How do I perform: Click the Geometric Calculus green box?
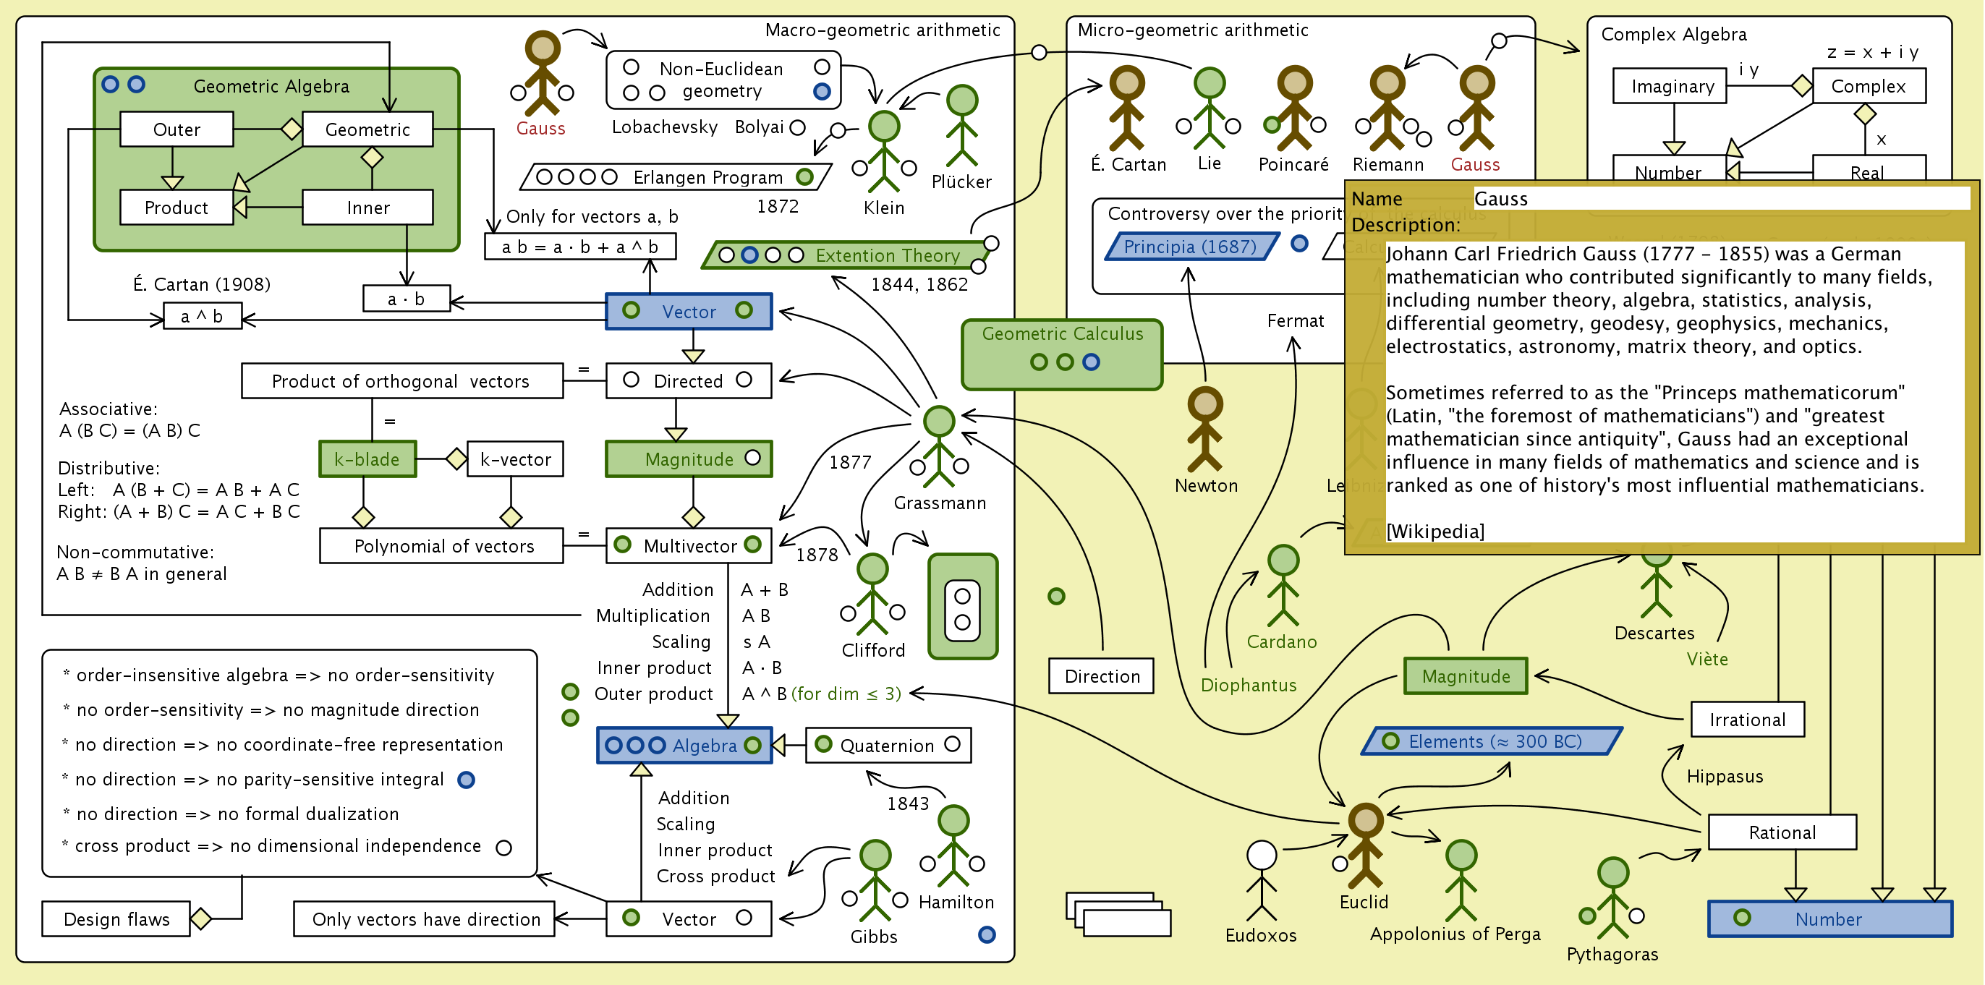click(1062, 354)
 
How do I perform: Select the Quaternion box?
click(888, 746)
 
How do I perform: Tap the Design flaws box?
click(116, 918)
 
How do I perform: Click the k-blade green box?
click(367, 460)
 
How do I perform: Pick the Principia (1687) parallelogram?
click(1190, 247)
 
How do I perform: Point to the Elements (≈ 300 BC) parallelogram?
click(1492, 741)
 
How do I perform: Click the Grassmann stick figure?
click(938, 447)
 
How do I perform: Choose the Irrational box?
click(1747, 720)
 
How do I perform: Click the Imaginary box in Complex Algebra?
click(1670, 86)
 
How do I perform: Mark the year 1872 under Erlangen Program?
click(778, 206)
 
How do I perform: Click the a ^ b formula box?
click(202, 317)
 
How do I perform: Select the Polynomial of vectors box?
click(442, 546)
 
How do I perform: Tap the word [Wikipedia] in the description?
click(1434, 532)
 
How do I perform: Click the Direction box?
click(1101, 676)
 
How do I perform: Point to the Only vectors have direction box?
click(425, 918)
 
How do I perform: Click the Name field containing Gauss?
click(1718, 199)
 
